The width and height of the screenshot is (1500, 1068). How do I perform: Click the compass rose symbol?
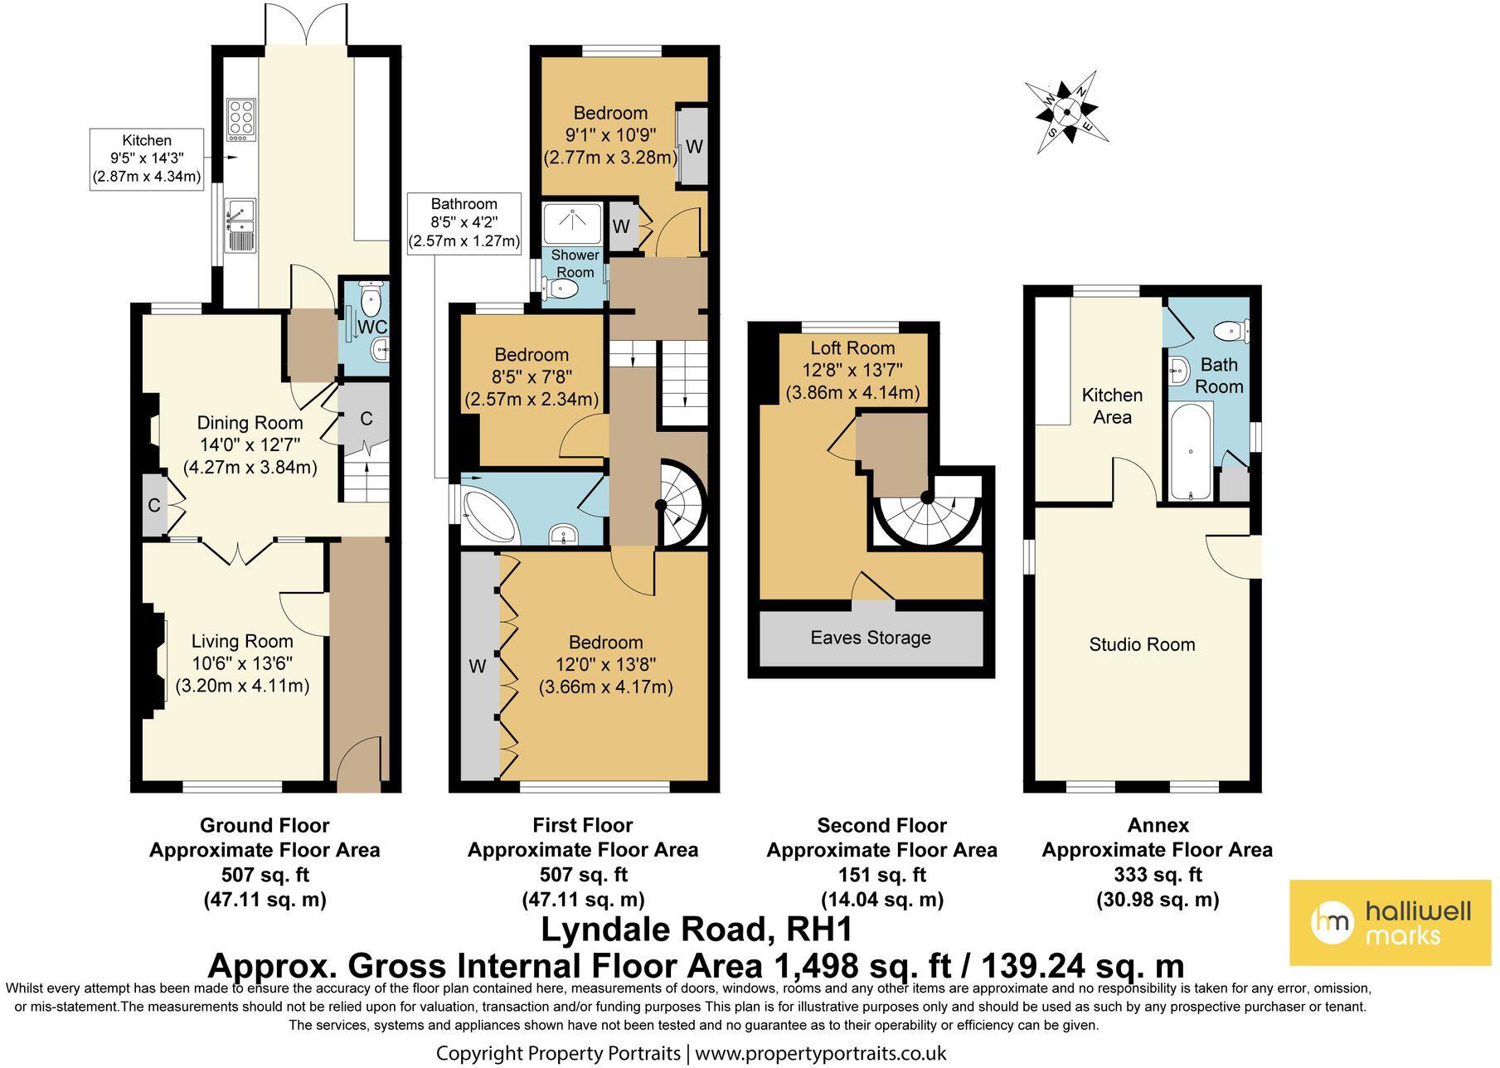(1067, 111)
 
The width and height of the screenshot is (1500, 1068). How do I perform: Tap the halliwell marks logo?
(1390, 923)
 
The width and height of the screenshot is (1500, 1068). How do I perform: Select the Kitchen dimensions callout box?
(147, 159)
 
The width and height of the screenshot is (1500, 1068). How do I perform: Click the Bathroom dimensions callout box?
(464, 222)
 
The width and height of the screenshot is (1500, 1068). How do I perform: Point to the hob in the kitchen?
(242, 118)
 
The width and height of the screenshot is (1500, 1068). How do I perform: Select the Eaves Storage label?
(871, 638)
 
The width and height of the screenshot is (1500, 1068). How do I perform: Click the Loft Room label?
(852, 348)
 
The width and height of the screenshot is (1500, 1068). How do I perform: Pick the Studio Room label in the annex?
(1142, 644)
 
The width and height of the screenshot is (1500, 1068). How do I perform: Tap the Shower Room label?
(575, 264)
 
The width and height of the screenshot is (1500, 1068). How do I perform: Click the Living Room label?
(242, 641)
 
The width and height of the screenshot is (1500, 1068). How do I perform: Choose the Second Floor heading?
(881, 826)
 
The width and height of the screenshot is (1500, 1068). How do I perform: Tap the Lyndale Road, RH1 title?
(697, 930)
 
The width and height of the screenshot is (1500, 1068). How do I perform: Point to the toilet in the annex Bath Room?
(1231, 332)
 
